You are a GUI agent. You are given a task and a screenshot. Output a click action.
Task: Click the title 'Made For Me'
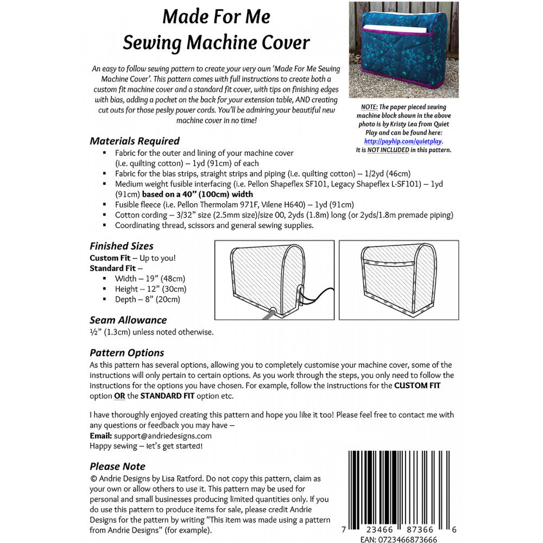[x=216, y=17]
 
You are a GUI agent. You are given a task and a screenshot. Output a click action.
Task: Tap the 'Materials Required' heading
[x=135, y=141]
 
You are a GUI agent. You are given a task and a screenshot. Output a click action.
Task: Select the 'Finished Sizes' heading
[x=122, y=246]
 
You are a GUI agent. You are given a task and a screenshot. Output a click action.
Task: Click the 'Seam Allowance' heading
[x=128, y=320]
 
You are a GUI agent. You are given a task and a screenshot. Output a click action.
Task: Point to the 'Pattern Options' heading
[x=127, y=352]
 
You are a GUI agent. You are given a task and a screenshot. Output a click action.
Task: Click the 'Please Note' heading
[x=117, y=466]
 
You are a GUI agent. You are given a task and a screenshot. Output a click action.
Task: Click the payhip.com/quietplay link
[x=403, y=141]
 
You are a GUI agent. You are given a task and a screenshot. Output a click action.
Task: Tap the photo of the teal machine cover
[x=403, y=49]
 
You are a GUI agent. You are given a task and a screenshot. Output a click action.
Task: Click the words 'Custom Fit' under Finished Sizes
[x=110, y=258]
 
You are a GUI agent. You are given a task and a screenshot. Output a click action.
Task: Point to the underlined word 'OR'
[x=119, y=396]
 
